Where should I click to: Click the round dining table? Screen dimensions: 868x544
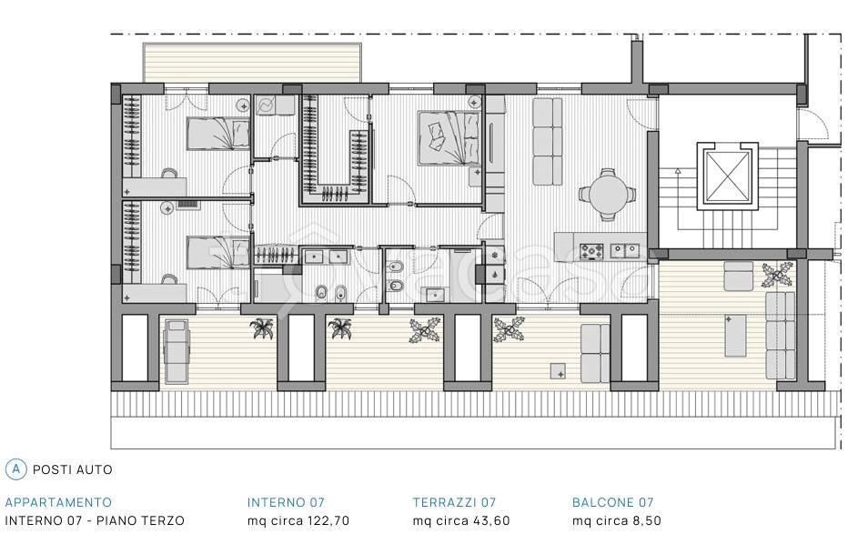click(607, 194)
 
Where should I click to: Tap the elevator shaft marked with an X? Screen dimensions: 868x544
click(726, 176)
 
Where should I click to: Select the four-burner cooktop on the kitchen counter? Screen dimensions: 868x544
click(591, 251)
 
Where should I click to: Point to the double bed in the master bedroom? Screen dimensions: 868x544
click(449, 137)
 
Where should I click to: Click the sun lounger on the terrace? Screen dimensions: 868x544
click(177, 351)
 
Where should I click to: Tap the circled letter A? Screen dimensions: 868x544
click(15, 469)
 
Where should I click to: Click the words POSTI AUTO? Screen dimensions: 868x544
click(73, 469)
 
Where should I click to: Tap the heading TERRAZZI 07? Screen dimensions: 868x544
click(454, 502)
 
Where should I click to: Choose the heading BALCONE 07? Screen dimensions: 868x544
click(613, 502)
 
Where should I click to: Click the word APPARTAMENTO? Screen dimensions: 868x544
click(58, 502)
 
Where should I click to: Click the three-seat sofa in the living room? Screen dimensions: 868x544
click(547, 142)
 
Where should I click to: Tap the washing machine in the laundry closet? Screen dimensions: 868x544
click(265, 106)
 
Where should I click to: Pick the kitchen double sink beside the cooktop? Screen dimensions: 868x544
click(625, 251)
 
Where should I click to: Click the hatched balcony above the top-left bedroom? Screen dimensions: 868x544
click(252, 63)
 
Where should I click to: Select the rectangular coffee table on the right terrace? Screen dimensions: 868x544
click(735, 336)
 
